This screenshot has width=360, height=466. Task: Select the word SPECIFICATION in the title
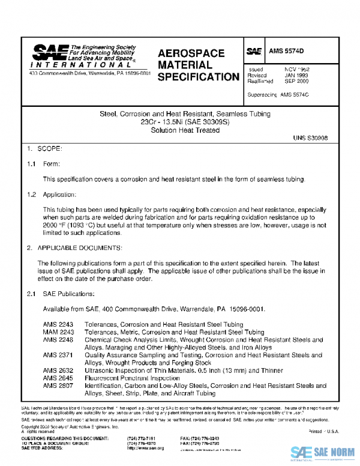click(x=199, y=77)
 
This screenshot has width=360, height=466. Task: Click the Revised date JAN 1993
click(x=296, y=75)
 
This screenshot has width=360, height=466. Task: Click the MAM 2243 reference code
click(x=57, y=331)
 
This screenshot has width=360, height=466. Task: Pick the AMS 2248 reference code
click(x=56, y=339)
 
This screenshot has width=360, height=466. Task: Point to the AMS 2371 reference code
click(x=56, y=355)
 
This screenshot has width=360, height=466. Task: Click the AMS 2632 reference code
click(x=56, y=371)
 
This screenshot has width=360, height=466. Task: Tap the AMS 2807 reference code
click(x=56, y=386)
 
